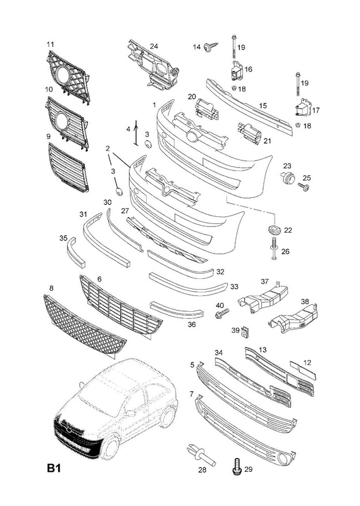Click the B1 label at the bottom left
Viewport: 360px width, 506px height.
tap(54, 468)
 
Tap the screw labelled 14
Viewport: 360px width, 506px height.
tap(211, 47)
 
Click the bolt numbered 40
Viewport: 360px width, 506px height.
tap(222, 312)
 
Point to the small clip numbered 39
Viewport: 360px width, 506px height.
tap(246, 330)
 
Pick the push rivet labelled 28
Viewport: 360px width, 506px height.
tap(200, 454)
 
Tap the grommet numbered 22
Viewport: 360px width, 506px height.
tap(275, 229)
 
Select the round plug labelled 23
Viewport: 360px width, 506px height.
tap(287, 178)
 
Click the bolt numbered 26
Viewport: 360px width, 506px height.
tap(275, 248)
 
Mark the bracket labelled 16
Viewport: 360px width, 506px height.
tap(237, 71)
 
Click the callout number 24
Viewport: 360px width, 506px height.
tap(154, 46)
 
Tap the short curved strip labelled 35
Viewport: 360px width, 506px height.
tap(76, 251)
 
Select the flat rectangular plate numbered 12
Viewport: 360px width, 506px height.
tap(302, 370)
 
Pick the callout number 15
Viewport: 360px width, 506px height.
tap(263, 106)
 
